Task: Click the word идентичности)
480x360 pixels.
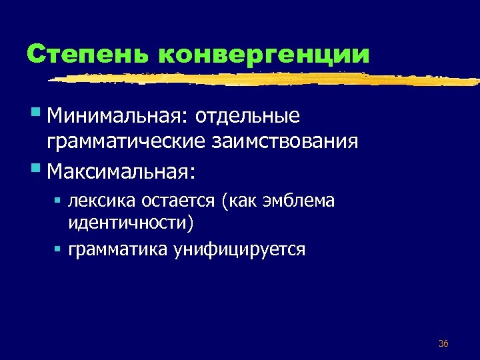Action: click(x=131, y=223)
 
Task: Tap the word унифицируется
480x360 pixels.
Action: click(x=239, y=250)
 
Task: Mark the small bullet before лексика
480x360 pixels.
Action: click(x=58, y=199)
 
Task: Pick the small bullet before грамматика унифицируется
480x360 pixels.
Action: click(x=58, y=249)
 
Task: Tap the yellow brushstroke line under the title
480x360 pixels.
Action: click(x=267, y=79)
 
